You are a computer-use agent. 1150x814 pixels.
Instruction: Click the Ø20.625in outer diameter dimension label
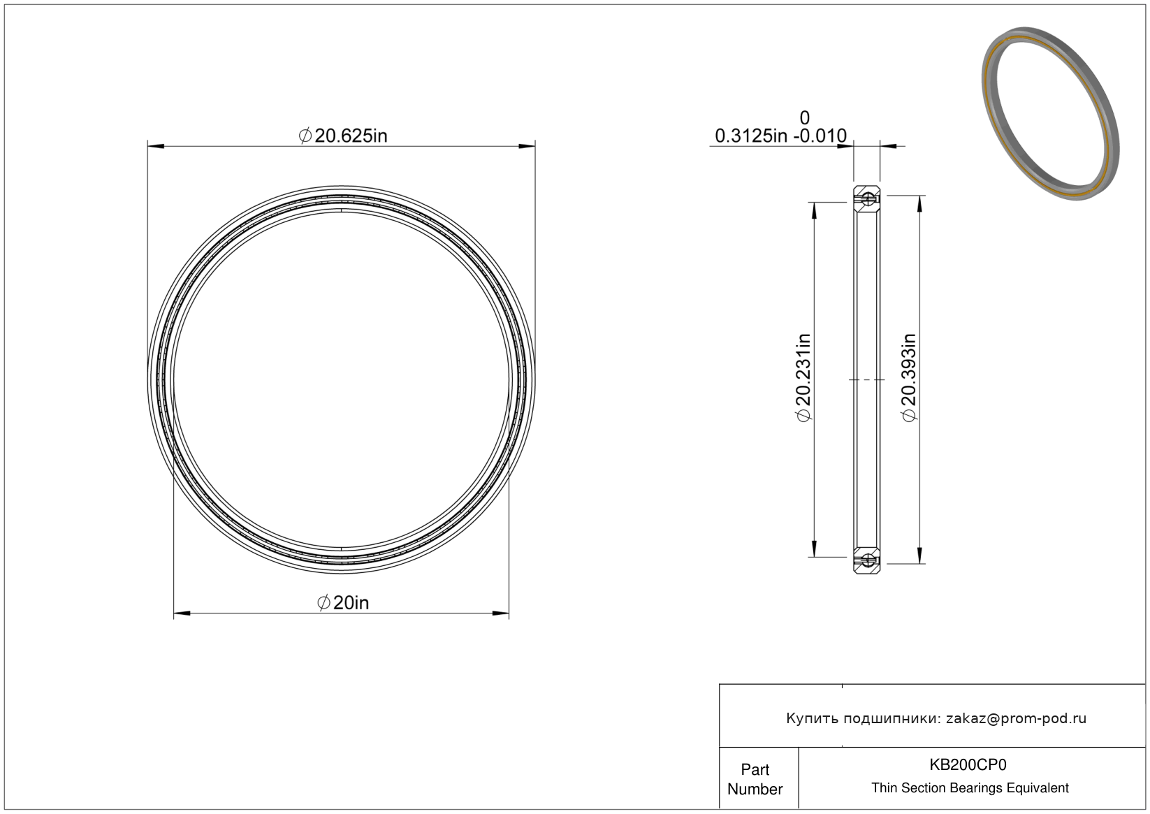pos(343,136)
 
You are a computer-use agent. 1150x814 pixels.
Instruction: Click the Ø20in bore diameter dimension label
pos(343,602)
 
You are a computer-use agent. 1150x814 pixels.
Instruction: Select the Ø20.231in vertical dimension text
pos(803,377)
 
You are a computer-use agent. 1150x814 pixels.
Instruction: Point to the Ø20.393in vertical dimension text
pos(909,377)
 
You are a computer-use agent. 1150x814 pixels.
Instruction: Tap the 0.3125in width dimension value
pos(750,136)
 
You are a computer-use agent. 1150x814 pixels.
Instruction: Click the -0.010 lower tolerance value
pos(820,136)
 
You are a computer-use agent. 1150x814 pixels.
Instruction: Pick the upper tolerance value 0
pos(804,118)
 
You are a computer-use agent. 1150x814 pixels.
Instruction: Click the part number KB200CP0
pos(968,764)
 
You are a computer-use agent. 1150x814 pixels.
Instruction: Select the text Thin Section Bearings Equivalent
pos(970,788)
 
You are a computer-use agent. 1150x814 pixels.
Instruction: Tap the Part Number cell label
pos(755,779)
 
